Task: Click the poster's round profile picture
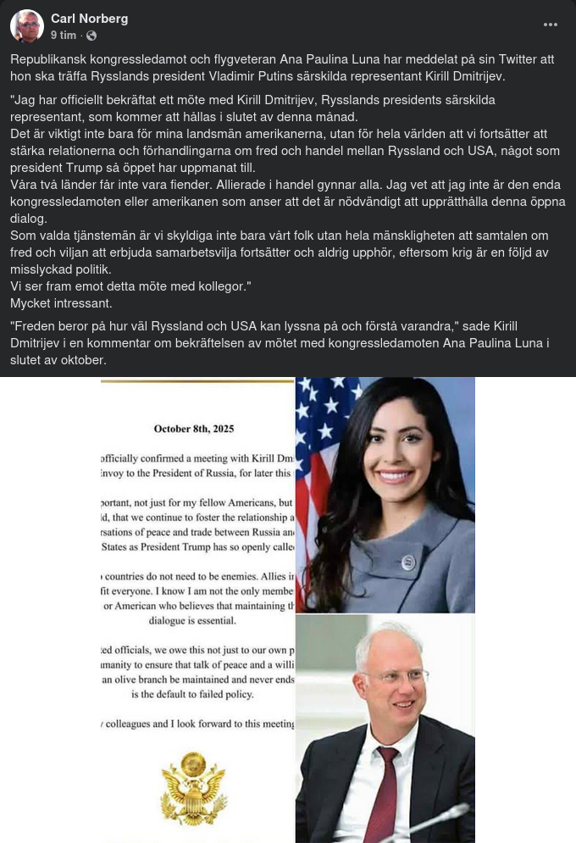point(26,26)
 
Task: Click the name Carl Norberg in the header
point(89,19)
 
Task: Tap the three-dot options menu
point(551,25)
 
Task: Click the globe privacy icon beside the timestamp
point(91,36)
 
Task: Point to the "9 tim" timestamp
point(63,36)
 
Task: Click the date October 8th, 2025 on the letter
point(193,429)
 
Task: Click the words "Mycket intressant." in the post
point(61,303)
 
